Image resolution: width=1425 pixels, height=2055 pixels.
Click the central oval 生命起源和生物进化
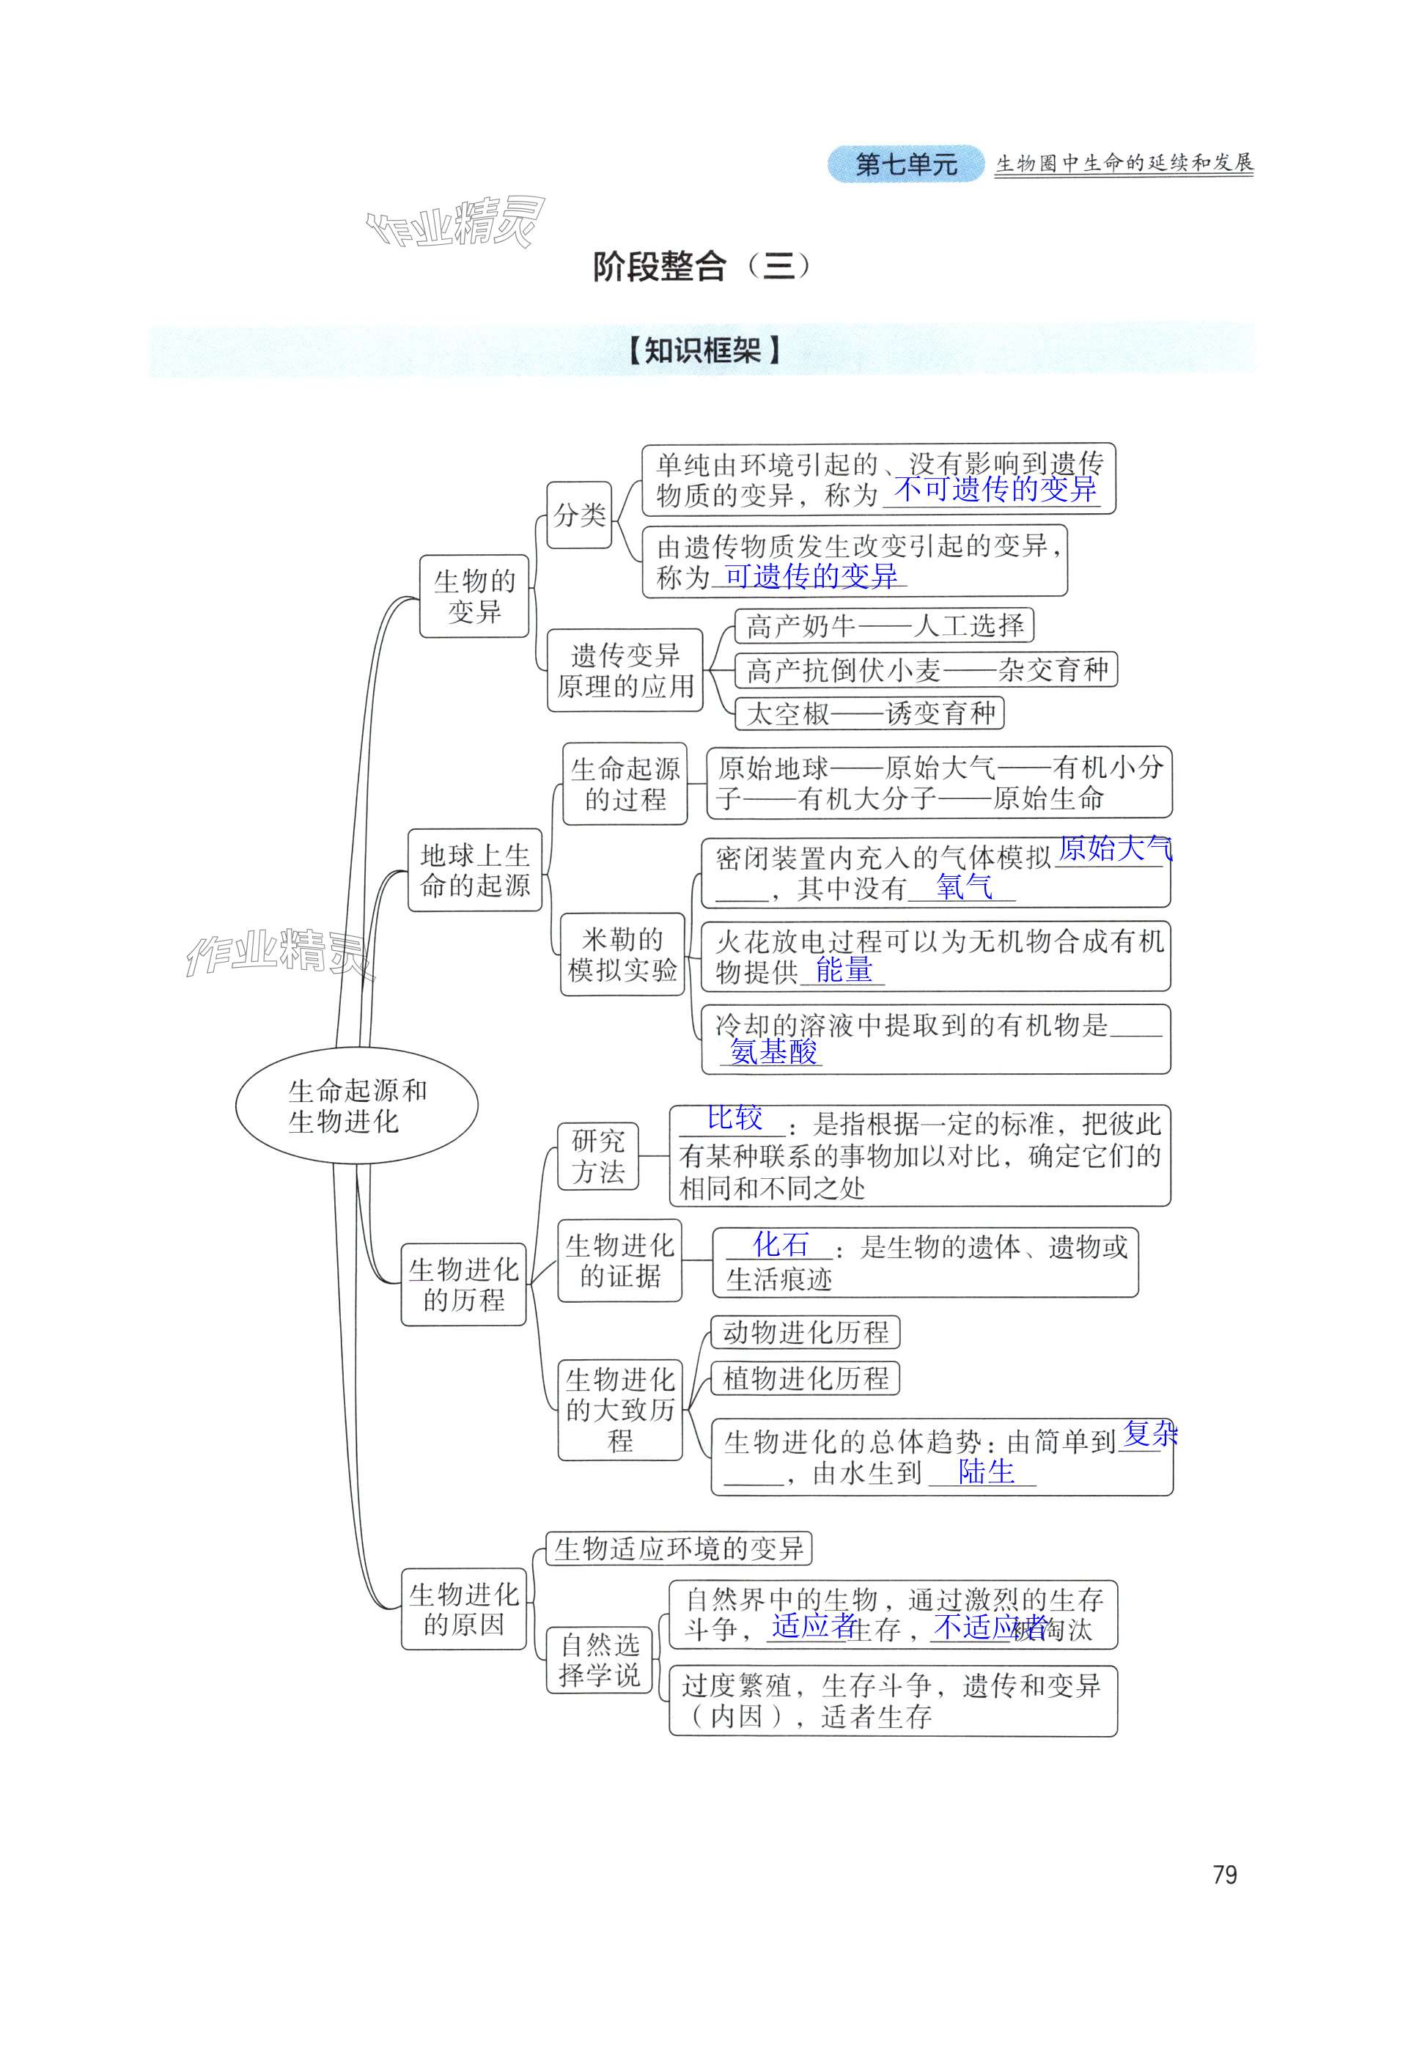click(356, 1105)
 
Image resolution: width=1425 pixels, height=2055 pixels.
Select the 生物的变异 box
click(474, 596)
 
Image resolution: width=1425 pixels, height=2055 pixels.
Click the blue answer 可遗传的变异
click(810, 576)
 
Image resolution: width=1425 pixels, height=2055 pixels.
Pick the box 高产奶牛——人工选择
click(883, 625)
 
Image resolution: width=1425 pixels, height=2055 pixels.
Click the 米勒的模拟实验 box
click(622, 954)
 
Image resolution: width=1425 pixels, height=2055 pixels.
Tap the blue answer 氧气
click(963, 887)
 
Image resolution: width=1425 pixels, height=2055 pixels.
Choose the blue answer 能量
click(843, 970)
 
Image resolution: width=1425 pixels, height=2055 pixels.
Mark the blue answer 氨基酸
click(773, 1052)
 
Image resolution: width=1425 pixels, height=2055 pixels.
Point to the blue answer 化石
click(781, 1243)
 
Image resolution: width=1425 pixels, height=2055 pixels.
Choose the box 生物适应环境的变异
click(679, 1548)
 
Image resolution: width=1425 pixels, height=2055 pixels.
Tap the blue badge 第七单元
click(905, 164)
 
